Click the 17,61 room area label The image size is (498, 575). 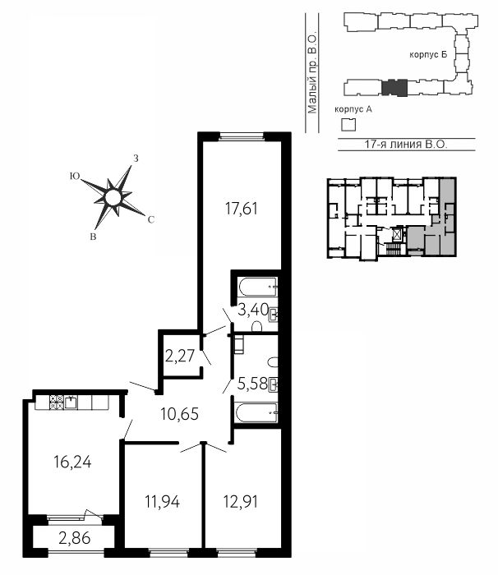click(x=241, y=209)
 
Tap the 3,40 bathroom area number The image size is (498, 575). click(x=254, y=310)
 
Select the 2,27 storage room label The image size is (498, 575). click(x=179, y=356)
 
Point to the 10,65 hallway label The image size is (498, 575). click(x=179, y=414)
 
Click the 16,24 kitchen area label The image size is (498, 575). click(x=72, y=462)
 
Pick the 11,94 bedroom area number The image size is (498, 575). click(x=162, y=502)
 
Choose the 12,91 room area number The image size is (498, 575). click(x=241, y=502)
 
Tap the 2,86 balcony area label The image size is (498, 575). click(x=74, y=539)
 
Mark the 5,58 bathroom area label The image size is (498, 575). click(x=252, y=384)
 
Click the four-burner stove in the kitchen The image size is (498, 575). click(x=56, y=402)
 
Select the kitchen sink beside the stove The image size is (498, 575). click(x=71, y=402)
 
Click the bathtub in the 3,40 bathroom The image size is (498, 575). click(x=257, y=287)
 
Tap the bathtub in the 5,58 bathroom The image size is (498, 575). click(x=256, y=413)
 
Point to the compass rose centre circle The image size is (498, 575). click(x=113, y=198)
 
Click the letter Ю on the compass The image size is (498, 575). click(x=75, y=177)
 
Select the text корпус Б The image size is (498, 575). click(x=428, y=55)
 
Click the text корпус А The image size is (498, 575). click(x=353, y=109)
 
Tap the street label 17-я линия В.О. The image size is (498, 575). click(x=406, y=145)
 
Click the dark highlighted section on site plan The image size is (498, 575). click(x=394, y=88)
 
